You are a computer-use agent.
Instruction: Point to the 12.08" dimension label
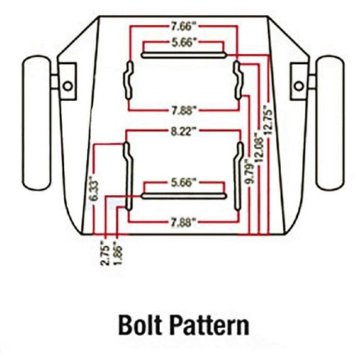[x=260, y=148]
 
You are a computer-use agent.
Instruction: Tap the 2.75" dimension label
[x=106, y=255]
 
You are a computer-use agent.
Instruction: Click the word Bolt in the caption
[x=140, y=325]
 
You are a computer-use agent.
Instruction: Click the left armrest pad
[x=37, y=123]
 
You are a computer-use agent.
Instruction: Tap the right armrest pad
[x=330, y=123]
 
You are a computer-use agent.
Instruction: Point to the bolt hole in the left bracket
[x=68, y=86]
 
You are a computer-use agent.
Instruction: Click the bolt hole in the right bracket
[x=299, y=86]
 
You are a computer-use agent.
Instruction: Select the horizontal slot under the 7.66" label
[x=184, y=55]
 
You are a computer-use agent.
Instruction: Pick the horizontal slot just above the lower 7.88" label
[x=184, y=196]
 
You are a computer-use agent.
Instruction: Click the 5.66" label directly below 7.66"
[x=182, y=43]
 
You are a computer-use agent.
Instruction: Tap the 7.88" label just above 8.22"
[x=184, y=110]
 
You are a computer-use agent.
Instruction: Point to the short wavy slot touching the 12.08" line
[x=238, y=80]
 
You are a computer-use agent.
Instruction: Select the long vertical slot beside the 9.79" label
[x=238, y=177]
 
